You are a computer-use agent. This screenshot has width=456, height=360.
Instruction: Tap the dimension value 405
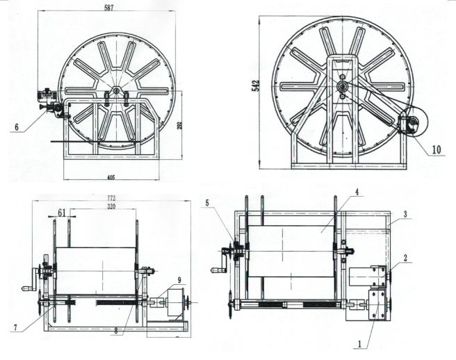[111, 177]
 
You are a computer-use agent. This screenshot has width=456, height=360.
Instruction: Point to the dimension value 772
[111, 199]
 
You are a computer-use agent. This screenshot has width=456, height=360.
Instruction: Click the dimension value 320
[111, 207]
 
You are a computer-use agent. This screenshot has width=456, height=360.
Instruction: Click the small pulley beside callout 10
[412, 124]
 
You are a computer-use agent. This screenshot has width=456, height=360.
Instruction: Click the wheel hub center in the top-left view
[115, 90]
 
